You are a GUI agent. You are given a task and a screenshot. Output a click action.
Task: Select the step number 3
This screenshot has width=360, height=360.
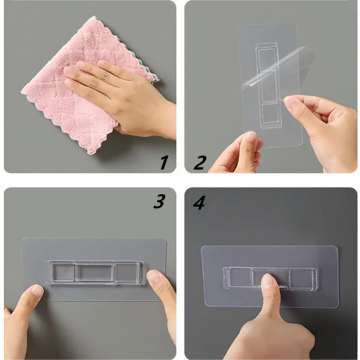tap(159, 201)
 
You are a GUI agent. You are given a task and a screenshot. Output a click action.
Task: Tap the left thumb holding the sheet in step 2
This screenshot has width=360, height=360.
tap(247, 150)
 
